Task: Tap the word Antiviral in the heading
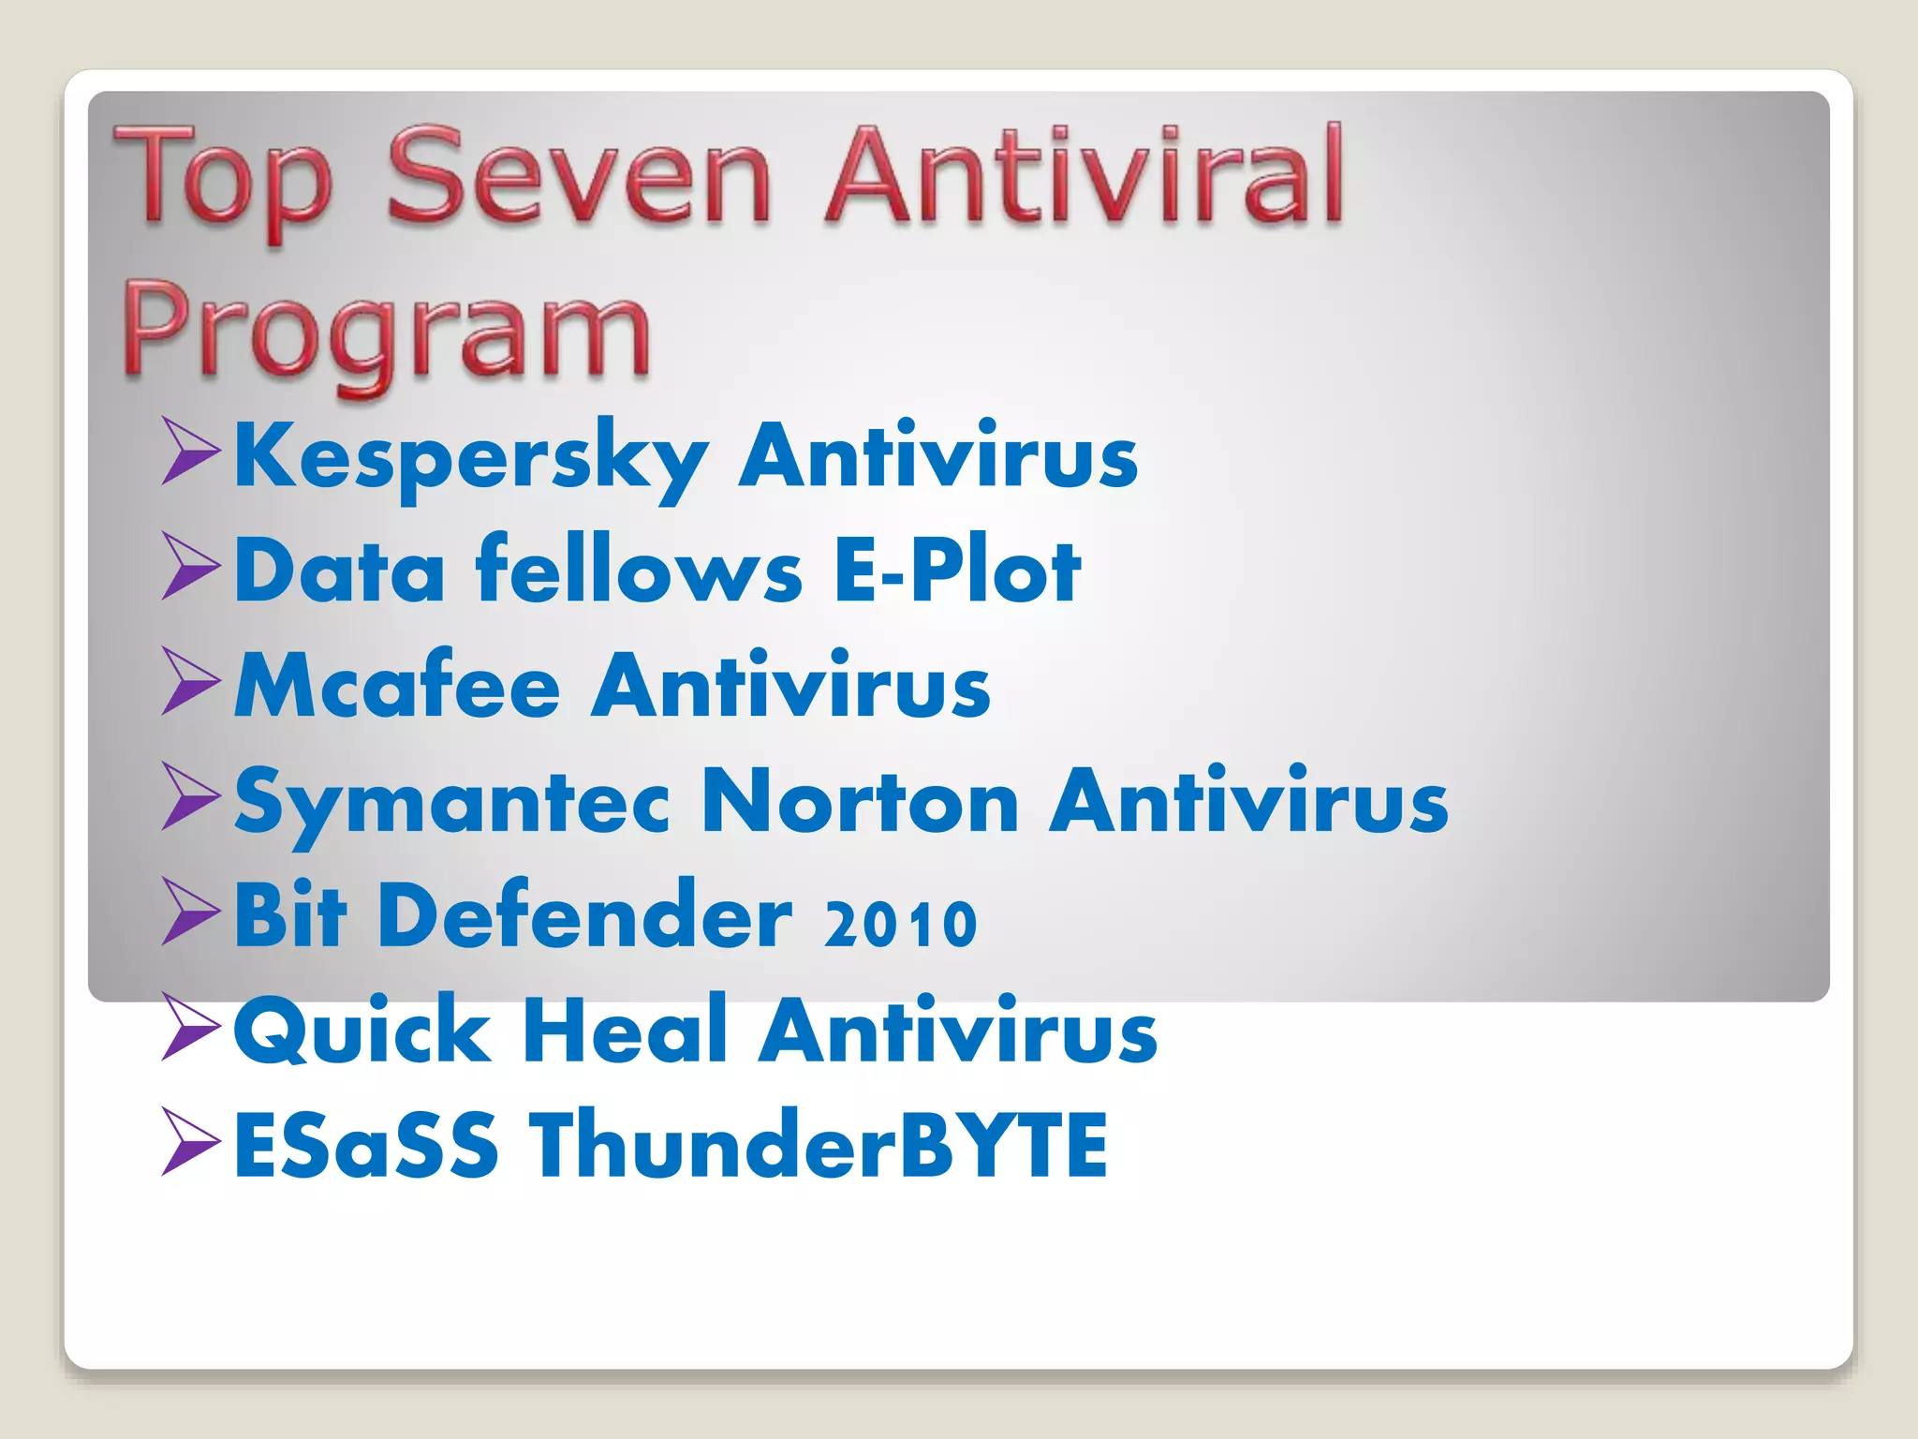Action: point(1084,176)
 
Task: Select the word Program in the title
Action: point(386,333)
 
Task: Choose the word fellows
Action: point(639,571)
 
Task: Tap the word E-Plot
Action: point(956,571)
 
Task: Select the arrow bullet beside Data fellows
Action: point(191,566)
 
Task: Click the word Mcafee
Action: point(397,686)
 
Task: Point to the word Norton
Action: point(860,801)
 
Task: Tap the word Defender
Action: point(585,915)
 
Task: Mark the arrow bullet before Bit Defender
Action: point(191,911)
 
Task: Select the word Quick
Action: point(362,1031)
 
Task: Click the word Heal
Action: point(626,1030)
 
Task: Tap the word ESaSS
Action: point(366,1144)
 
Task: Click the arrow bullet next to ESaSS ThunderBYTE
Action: point(191,1140)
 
